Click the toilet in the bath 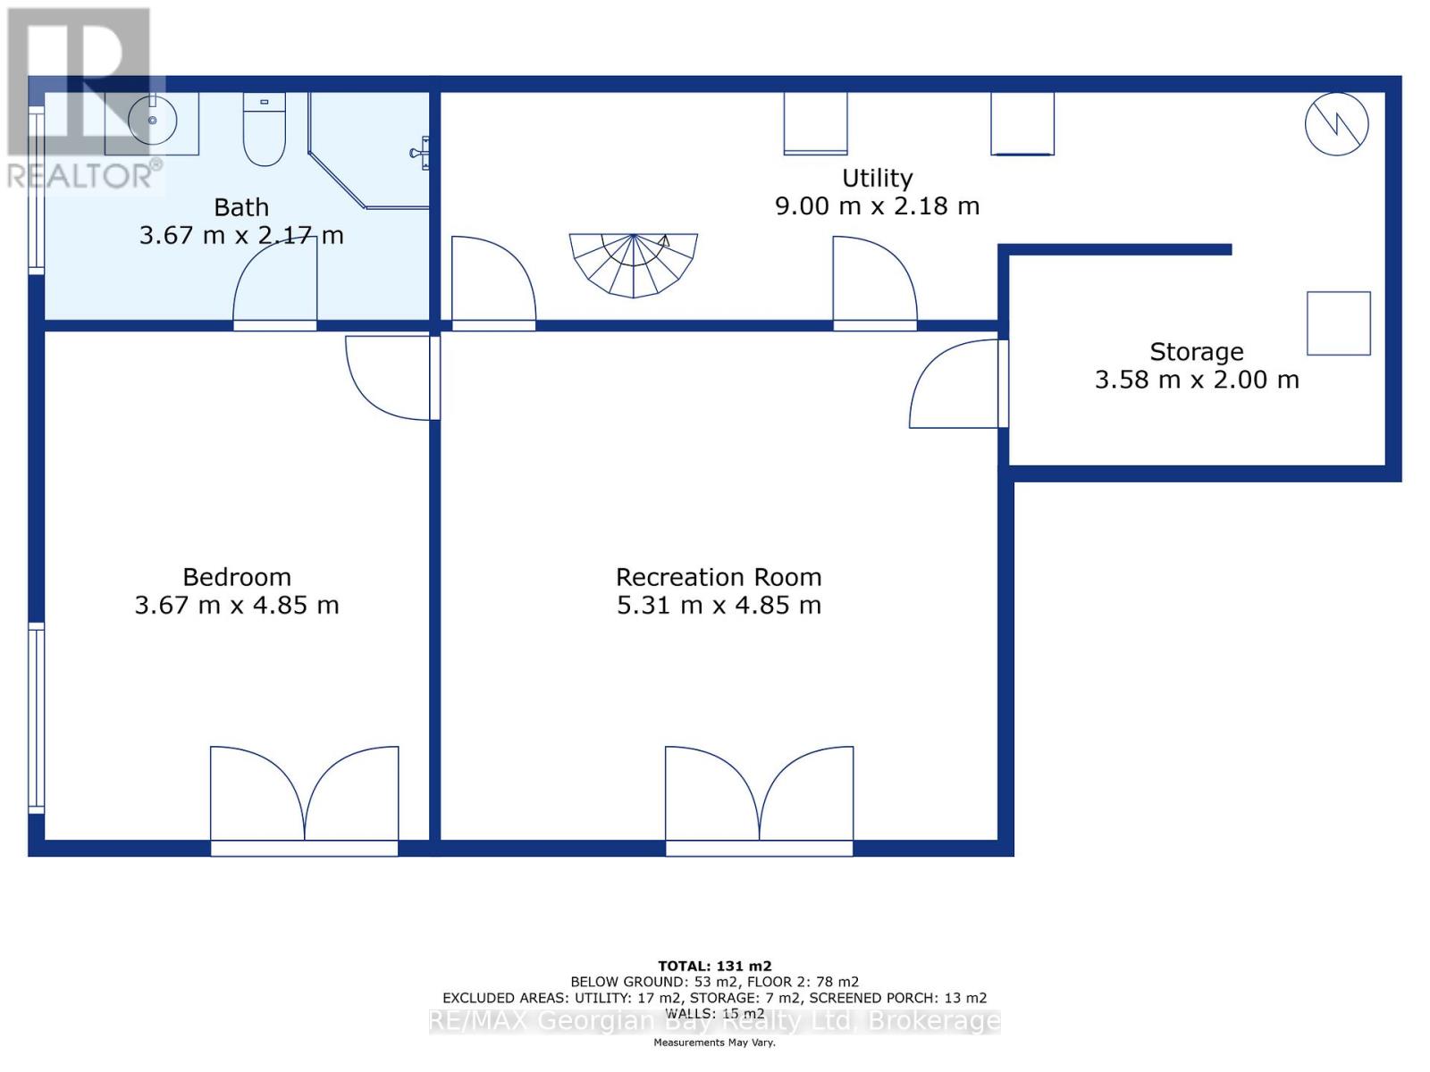(x=264, y=131)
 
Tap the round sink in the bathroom (x=153, y=120)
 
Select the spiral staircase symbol (x=634, y=264)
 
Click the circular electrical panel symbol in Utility (x=1336, y=124)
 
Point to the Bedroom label (x=237, y=577)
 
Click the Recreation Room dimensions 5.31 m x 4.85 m (x=719, y=606)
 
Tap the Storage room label (x=1196, y=352)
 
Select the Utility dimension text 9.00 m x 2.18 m (x=877, y=206)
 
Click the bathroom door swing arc (x=275, y=284)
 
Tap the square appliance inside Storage (x=1338, y=323)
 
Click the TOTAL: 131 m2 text (x=714, y=966)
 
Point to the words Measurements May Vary (x=714, y=1043)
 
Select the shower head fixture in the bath (x=422, y=153)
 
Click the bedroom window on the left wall (x=37, y=717)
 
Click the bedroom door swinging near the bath (x=389, y=377)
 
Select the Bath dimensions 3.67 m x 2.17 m (x=241, y=236)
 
